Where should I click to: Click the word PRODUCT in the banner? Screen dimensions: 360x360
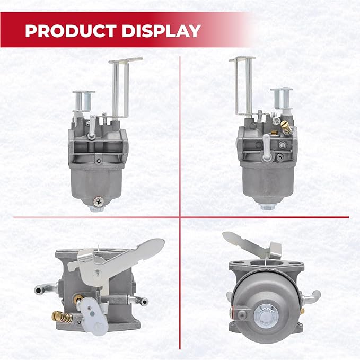tap(71, 31)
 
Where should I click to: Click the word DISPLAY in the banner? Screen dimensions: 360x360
tap(161, 31)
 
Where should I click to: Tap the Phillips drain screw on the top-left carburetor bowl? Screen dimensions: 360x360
tap(99, 201)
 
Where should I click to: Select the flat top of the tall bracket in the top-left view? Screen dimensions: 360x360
tap(126, 60)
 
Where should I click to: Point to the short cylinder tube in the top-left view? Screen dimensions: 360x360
tap(84, 101)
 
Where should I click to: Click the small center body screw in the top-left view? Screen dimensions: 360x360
tap(99, 161)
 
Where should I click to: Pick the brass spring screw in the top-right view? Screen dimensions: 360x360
tap(286, 128)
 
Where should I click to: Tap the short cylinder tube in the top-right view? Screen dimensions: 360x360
tap(281, 99)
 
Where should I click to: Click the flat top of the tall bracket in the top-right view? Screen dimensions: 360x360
tap(242, 59)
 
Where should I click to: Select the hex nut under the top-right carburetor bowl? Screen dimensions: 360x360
tap(268, 207)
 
